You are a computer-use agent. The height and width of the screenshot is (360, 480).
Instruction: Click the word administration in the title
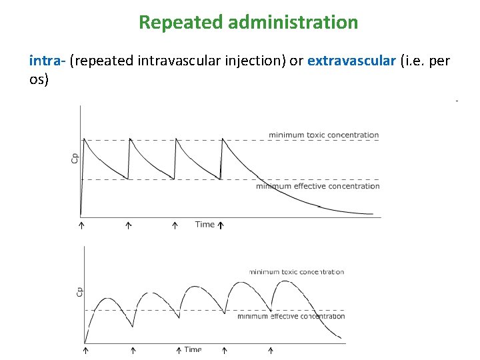click(x=293, y=23)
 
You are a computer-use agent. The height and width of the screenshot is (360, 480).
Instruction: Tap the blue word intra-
click(x=47, y=61)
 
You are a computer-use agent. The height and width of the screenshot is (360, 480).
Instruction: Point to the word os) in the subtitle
click(x=39, y=79)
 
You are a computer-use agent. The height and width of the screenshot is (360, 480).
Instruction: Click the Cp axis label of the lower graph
click(x=79, y=292)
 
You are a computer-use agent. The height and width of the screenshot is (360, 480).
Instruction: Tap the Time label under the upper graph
click(x=205, y=225)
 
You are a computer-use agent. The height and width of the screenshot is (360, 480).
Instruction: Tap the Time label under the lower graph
click(x=193, y=349)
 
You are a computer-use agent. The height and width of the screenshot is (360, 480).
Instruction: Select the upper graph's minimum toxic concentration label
click(x=323, y=135)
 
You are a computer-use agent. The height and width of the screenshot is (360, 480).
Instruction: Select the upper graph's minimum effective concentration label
click(x=317, y=186)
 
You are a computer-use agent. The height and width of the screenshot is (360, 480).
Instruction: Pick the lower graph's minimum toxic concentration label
click(x=297, y=272)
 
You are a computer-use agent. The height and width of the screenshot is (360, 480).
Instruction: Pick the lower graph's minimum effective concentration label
click(x=291, y=316)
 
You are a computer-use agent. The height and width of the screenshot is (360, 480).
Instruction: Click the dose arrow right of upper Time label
click(x=221, y=225)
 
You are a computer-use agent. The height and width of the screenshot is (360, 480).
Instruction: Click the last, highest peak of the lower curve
click(x=285, y=281)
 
